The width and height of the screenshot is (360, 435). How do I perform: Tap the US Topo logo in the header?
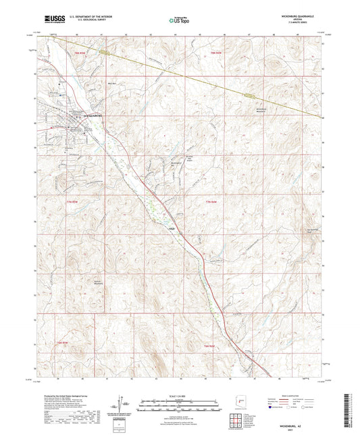coord(178,21)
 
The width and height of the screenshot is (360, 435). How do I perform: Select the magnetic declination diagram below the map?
coord(126,404)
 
